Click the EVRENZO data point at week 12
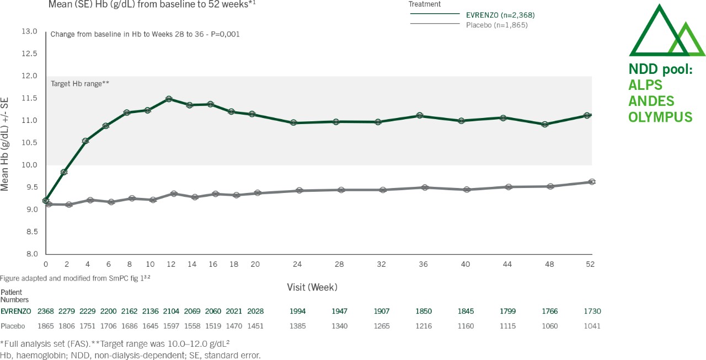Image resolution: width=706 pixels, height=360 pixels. tap(169, 99)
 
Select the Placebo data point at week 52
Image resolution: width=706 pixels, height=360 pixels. tap(592, 181)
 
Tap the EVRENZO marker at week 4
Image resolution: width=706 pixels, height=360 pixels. tap(85, 141)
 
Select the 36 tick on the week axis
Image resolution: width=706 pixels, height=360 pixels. tap(424, 264)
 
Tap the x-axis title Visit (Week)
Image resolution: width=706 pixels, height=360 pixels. tap(312, 287)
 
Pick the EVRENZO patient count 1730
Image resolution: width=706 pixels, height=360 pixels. tap(592, 311)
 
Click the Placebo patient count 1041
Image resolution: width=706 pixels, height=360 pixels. tap(592, 326)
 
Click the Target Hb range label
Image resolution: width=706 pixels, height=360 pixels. tap(80, 84)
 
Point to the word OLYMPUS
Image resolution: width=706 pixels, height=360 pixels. tap(660, 117)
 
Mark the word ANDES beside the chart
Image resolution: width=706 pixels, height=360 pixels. tap(651, 101)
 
